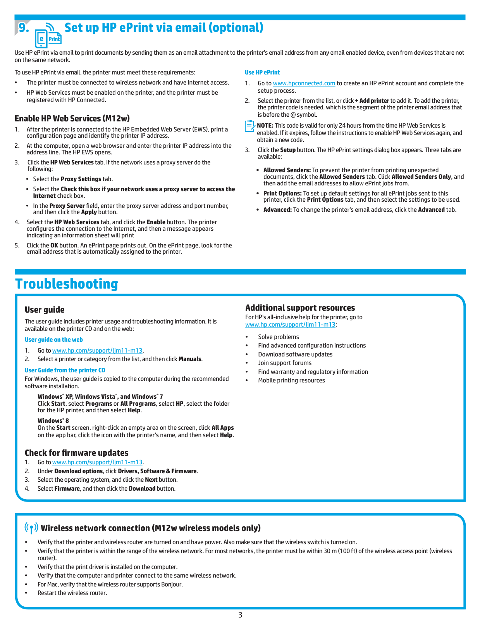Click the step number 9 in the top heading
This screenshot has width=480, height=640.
click(x=24, y=28)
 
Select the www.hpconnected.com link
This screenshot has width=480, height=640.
click(x=304, y=83)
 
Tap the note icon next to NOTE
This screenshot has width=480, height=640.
click(x=249, y=126)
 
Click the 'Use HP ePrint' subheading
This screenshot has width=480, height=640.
click(x=262, y=73)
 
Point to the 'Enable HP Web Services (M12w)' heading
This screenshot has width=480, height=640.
click(x=72, y=119)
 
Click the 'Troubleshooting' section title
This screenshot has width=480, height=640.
click(x=67, y=284)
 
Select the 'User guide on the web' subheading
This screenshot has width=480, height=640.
click(x=53, y=340)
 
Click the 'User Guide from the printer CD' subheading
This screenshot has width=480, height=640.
click(x=65, y=370)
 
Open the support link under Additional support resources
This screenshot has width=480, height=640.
click(x=290, y=325)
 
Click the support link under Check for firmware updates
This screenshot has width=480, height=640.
click(x=97, y=462)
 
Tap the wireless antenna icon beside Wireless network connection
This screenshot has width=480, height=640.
click(x=31, y=528)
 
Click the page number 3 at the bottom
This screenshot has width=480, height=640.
click(x=240, y=615)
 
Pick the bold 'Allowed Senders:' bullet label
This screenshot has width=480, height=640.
click(x=287, y=170)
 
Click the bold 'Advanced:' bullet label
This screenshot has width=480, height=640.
click(x=277, y=210)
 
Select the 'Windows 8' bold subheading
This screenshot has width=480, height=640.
click(x=53, y=421)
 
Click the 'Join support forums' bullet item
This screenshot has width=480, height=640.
click(x=285, y=363)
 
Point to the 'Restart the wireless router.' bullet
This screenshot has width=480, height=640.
click(x=72, y=593)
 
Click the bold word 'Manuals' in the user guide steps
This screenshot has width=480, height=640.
click(x=190, y=359)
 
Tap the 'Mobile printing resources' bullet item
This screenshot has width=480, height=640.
click(x=291, y=381)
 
